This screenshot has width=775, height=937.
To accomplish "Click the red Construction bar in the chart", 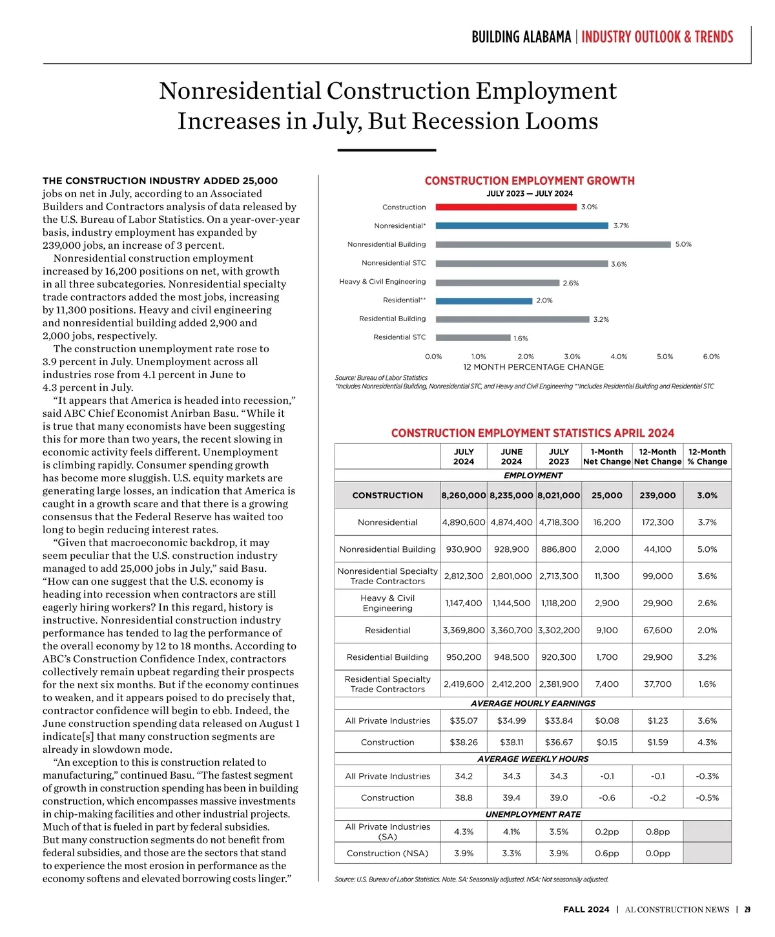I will point(506,207).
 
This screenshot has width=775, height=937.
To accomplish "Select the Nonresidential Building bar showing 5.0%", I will point(553,244).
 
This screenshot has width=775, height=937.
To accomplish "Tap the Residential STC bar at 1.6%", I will point(473,337).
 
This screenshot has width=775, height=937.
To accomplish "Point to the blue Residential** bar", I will point(484,300).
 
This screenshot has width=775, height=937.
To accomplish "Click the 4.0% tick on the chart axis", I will point(619,357).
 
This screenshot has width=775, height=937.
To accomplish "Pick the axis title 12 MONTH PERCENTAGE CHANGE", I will point(533,367).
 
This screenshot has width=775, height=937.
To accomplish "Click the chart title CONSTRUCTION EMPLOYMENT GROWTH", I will point(530,181).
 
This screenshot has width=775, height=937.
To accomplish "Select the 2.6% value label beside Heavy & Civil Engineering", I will point(571,283).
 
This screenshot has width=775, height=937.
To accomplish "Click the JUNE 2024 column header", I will point(512,457).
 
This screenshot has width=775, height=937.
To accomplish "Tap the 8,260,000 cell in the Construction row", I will point(464,496).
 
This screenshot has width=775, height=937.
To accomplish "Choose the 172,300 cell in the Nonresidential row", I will point(657,522).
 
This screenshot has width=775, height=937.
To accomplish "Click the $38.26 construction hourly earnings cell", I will point(464,742).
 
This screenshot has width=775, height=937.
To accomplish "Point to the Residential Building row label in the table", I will point(387,657).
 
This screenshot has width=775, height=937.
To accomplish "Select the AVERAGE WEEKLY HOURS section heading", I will point(533,759).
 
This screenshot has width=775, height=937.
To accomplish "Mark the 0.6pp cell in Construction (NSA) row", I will point(607,853).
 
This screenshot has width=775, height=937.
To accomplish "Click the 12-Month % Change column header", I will point(707,457).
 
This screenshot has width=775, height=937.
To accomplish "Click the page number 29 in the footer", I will point(747,909).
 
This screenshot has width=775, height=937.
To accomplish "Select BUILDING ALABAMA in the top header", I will point(521,37).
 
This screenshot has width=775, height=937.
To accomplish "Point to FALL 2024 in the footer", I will point(586,909).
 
